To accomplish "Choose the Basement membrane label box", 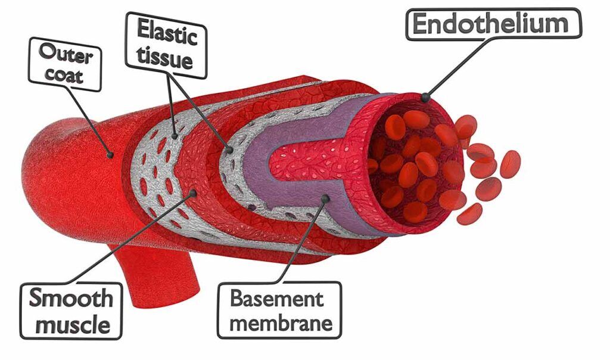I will [x=279, y=309].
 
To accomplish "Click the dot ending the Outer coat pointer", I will [x=110, y=155].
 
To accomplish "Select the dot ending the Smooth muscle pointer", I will [x=192, y=193].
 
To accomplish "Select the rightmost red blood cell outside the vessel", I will [x=511, y=164].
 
